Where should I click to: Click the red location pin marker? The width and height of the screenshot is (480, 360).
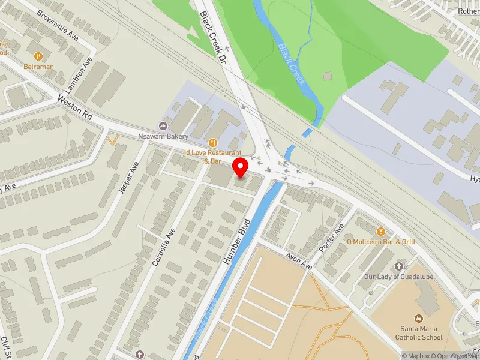[x=241, y=167]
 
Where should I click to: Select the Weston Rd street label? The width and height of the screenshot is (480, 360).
[x=74, y=107]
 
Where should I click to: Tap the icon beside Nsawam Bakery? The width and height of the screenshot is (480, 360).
[x=163, y=125]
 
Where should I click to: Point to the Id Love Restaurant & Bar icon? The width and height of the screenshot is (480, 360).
[x=213, y=142]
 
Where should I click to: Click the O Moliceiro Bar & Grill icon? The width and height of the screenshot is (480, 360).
[x=380, y=231]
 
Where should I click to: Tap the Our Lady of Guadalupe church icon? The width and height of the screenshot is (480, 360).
[x=398, y=266]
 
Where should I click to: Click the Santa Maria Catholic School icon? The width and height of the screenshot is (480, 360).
[x=419, y=318]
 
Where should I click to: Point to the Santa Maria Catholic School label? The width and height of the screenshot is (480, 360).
[x=419, y=332]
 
